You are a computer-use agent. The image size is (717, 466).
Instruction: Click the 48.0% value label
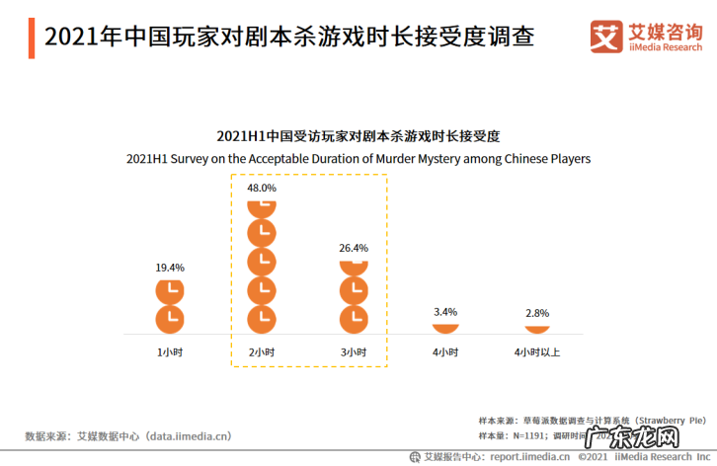(262, 188)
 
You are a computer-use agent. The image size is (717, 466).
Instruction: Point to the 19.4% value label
(170, 268)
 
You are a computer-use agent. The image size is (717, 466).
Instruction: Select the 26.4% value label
(354, 248)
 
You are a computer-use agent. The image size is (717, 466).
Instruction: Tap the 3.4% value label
(445, 312)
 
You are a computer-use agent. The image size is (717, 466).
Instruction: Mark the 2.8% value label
(537, 313)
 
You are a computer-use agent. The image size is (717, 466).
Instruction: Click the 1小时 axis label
(170, 352)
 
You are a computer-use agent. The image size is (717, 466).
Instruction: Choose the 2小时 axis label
(262, 352)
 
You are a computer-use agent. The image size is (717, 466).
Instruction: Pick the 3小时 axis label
(354, 352)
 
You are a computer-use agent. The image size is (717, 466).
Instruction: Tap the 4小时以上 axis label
(537, 352)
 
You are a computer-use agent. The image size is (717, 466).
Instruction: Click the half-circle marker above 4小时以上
(537, 327)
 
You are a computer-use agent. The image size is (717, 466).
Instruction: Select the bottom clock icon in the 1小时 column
(170, 319)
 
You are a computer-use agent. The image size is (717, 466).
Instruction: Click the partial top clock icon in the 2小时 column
(262, 207)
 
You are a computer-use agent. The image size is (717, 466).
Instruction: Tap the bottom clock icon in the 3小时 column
(354, 319)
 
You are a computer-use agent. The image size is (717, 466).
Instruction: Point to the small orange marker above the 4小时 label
(445, 327)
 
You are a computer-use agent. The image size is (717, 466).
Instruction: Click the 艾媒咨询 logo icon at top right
(605, 37)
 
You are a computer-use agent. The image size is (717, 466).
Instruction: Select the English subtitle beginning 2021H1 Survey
(358, 158)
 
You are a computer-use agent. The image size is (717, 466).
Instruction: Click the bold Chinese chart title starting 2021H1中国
(358, 135)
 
